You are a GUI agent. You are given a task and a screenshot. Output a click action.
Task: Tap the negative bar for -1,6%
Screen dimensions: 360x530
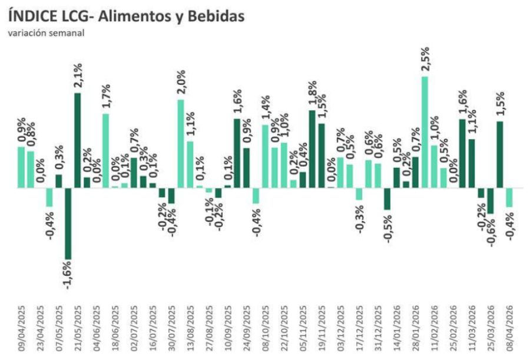point(68,223)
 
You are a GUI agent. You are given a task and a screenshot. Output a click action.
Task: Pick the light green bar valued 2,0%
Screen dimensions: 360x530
point(181,144)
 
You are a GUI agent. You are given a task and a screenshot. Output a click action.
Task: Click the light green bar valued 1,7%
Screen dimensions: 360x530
point(105,151)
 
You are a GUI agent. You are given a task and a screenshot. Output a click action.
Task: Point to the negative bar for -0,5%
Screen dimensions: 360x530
point(387,199)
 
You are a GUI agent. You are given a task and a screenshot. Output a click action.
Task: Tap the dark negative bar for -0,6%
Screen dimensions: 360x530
point(490,201)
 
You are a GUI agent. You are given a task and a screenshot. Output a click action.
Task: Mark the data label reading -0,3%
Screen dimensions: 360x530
point(359,219)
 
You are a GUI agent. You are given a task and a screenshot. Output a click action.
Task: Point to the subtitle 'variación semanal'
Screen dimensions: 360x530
point(46,32)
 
